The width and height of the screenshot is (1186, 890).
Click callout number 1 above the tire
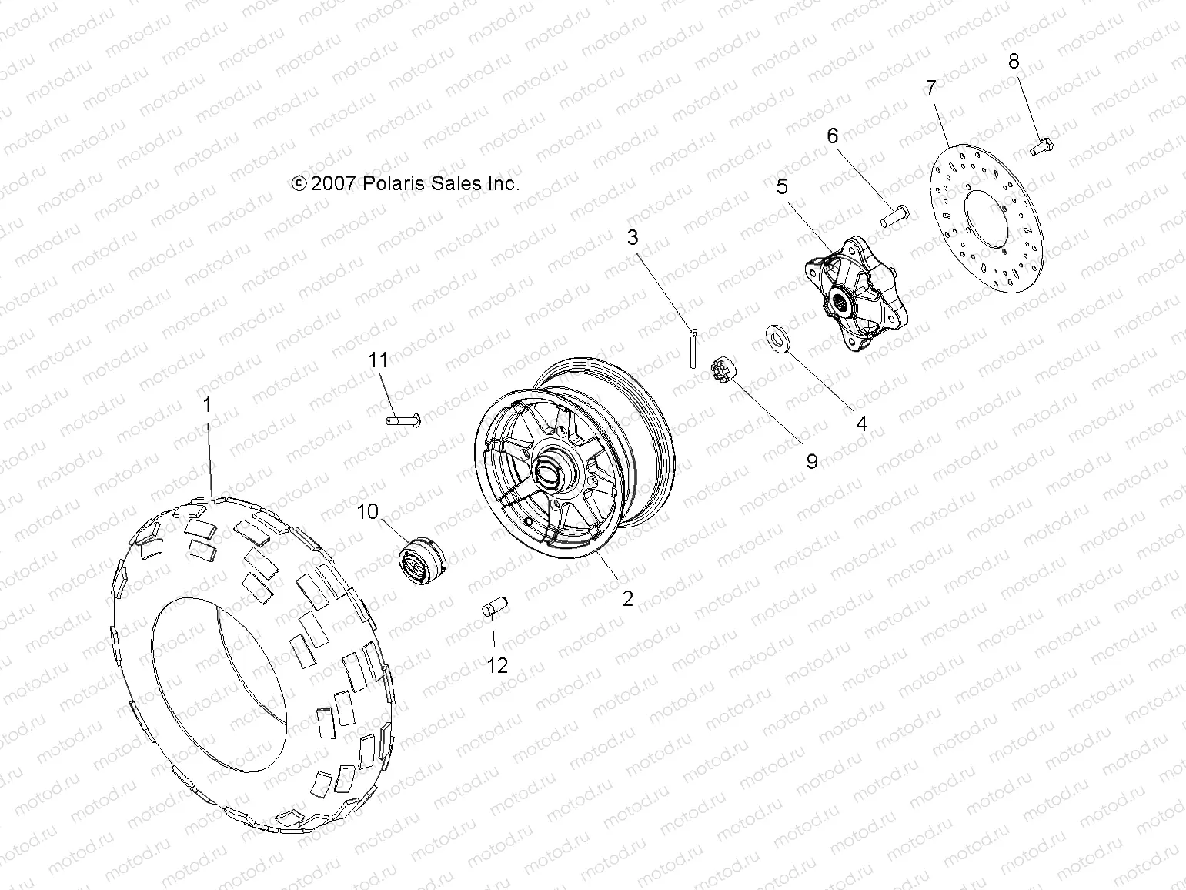[x=206, y=405]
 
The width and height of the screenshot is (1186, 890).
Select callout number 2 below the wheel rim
[x=628, y=598]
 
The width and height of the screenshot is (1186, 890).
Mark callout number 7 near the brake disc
[x=930, y=88]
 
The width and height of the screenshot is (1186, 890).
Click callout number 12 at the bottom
[x=498, y=665]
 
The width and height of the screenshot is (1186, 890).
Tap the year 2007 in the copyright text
[x=333, y=183]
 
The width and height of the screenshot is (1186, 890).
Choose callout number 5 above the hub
[x=782, y=186]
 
